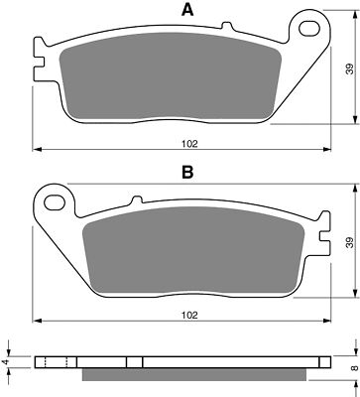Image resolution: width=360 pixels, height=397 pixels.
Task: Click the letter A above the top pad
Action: point(185,11)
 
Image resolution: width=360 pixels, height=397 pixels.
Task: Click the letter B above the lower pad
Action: point(185,170)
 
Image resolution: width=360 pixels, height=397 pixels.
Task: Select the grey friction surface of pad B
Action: point(188,252)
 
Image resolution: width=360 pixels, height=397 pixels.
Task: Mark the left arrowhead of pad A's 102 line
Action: point(38,151)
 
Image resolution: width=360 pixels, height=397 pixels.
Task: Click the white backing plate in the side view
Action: point(188,362)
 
